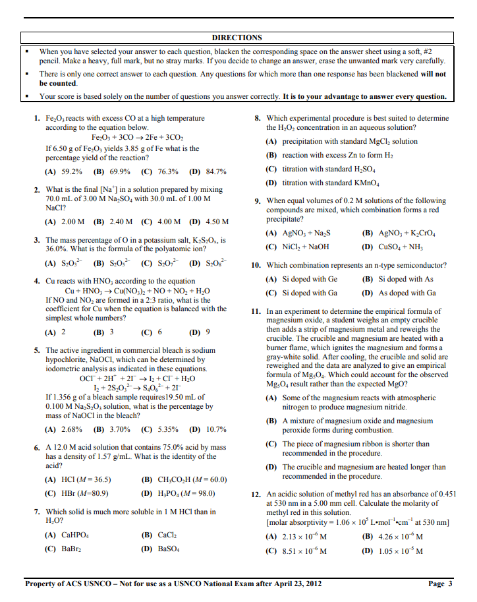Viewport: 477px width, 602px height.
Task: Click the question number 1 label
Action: pyautogui.click(x=37, y=118)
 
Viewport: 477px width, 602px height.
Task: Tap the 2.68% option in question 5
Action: pyautogui.click(x=63, y=429)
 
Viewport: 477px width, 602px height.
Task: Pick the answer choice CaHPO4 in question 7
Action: pyautogui.click(x=67, y=535)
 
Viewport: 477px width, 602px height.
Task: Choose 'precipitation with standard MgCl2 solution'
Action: pyautogui.click(x=340, y=141)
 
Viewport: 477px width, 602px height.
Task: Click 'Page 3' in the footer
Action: pyautogui.click(x=440, y=584)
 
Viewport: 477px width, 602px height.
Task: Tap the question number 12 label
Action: pyautogui.click(x=257, y=494)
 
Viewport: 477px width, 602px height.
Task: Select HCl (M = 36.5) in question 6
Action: pyautogui.click(x=77, y=479)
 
